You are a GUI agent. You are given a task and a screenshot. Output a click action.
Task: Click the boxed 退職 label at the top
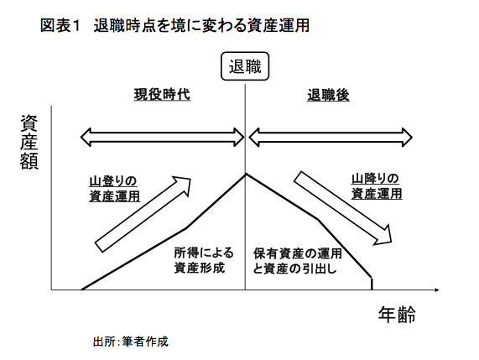click(x=245, y=66)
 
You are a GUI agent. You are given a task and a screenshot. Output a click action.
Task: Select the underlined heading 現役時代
click(x=162, y=95)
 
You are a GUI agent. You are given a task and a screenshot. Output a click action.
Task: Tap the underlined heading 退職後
click(x=328, y=95)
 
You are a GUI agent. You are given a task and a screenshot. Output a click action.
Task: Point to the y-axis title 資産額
click(x=29, y=142)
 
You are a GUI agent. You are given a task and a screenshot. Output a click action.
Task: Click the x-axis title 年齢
click(x=397, y=315)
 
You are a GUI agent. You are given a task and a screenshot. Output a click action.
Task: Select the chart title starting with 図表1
click(x=175, y=25)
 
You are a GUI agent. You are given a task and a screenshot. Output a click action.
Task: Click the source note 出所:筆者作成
click(x=131, y=342)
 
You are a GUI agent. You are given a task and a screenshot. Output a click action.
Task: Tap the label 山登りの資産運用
click(x=115, y=189)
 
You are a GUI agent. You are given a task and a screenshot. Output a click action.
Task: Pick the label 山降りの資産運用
click(x=377, y=186)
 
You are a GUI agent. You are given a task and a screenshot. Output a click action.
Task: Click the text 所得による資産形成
click(x=204, y=260)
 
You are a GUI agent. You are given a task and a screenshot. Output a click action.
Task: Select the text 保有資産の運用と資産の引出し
click(x=298, y=261)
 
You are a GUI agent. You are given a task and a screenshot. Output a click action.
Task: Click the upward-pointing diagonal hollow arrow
click(x=143, y=214)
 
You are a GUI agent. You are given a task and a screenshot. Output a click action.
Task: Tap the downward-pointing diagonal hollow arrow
click(x=343, y=208)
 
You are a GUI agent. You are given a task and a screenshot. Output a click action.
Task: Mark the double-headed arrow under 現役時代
click(x=162, y=138)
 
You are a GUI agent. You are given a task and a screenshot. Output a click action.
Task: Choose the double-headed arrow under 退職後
click(x=331, y=138)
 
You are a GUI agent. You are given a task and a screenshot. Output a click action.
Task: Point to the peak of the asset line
click(x=245, y=174)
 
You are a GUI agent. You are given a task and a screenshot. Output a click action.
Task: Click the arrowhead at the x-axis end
click(x=437, y=290)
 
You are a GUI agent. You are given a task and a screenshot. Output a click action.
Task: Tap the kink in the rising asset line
click(x=187, y=227)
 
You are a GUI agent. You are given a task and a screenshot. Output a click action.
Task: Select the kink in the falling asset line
click(x=318, y=219)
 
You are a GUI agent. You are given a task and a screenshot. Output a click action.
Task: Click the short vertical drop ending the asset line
click(x=372, y=284)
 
